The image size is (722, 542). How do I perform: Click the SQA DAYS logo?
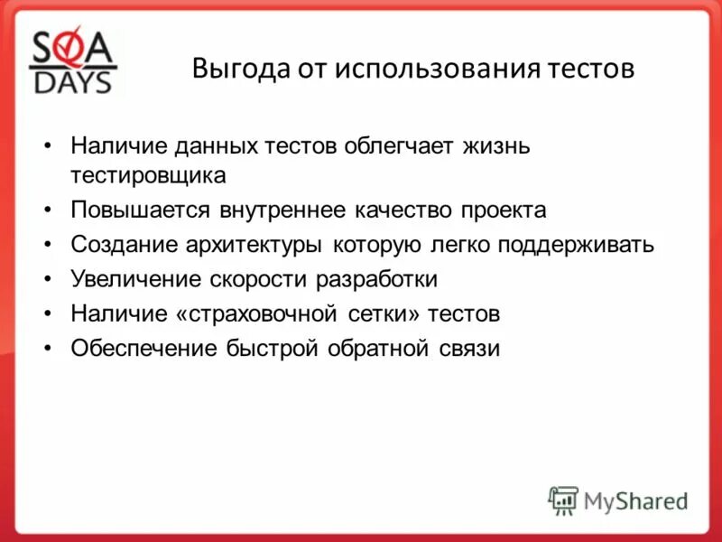click(73, 62)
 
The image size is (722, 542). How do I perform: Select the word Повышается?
click(139, 210)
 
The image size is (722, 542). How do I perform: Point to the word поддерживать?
click(570, 245)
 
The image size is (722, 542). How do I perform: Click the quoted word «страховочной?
click(263, 314)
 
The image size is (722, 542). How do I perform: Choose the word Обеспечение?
click(143, 349)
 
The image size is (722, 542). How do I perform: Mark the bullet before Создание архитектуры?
click(48, 245)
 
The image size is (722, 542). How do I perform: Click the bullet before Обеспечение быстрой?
click(48, 349)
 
